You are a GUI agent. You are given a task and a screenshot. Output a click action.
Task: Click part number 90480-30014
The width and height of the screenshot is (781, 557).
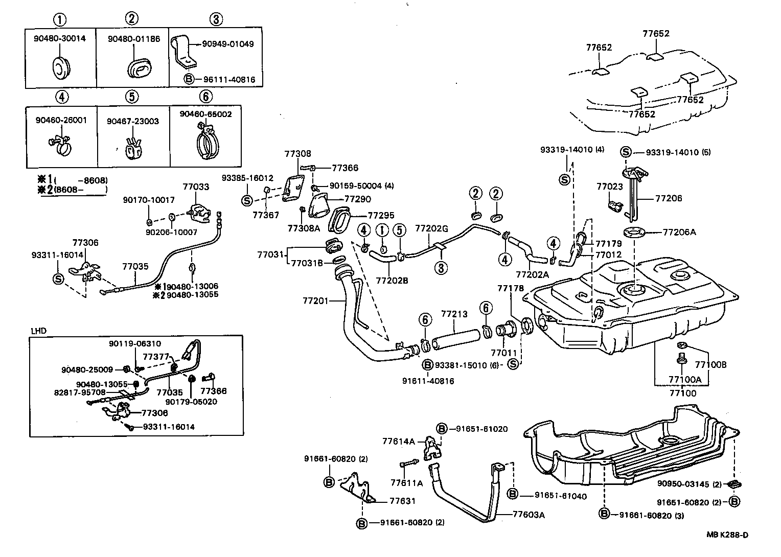[60, 38]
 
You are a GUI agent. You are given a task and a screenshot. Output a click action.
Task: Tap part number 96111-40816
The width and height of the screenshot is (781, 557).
[229, 80]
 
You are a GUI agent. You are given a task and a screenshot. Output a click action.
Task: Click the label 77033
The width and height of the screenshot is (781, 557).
[196, 187]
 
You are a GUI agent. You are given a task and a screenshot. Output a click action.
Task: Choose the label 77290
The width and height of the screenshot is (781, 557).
[358, 199]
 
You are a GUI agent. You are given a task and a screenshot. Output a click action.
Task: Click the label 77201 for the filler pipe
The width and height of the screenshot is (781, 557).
[315, 301]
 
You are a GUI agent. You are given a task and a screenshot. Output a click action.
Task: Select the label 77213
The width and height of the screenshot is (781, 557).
[454, 314]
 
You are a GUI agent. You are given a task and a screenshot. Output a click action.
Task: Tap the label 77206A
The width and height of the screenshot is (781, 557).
[679, 232]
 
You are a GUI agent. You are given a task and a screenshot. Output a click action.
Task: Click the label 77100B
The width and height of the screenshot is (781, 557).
[710, 364]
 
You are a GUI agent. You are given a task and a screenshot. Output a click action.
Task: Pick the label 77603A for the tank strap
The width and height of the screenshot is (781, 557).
[529, 515]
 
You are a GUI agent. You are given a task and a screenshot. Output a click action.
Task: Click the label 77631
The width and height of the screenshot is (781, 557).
[403, 501]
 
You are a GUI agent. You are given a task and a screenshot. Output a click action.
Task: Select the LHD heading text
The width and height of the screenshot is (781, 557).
[38, 331]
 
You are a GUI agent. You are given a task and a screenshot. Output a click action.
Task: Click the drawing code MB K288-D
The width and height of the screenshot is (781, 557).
[727, 535]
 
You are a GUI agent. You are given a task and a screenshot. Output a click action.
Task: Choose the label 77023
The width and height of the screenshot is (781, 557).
[609, 187]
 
